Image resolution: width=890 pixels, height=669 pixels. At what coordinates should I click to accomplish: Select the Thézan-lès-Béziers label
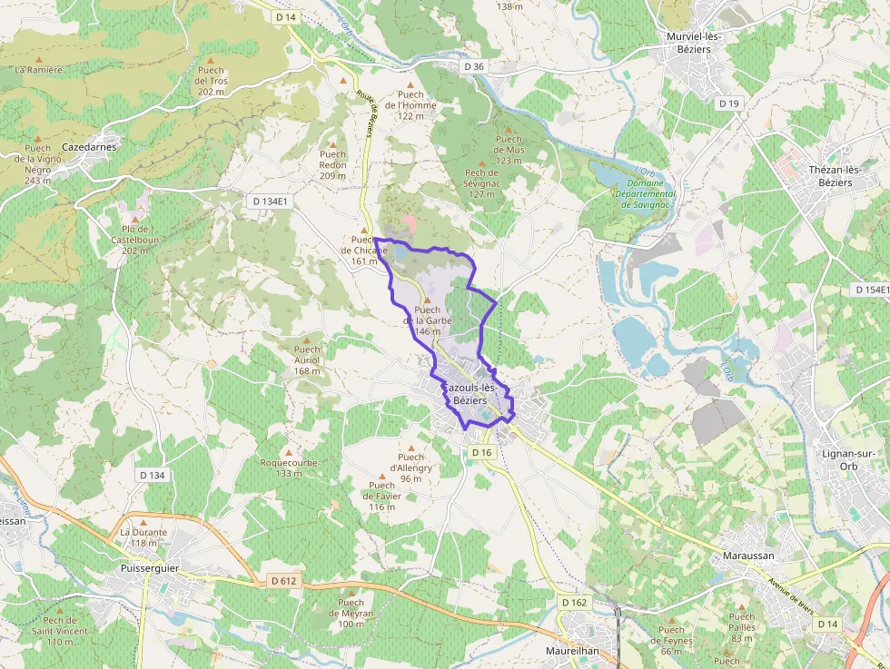pos(830,176)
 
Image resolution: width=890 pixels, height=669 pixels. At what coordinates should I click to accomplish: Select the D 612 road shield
pos(283,580)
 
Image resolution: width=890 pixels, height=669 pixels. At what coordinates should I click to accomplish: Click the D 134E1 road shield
pos(271,202)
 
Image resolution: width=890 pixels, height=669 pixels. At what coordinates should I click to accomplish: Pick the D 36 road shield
pos(473,66)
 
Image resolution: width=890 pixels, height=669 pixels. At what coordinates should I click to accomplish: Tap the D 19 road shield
pos(728,103)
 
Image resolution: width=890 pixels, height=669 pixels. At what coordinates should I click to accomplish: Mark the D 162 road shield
pos(574,602)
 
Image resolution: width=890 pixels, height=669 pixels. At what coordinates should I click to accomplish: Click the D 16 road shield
pos(481,452)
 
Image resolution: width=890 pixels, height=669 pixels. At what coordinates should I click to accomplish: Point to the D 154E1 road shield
pos(871,289)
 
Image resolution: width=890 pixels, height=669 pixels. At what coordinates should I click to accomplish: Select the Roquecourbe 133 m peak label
pos(289,467)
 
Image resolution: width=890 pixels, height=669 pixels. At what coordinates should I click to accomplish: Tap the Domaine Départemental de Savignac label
pos(645,193)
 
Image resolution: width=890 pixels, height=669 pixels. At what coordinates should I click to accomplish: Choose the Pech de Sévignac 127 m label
pos(480,183)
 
